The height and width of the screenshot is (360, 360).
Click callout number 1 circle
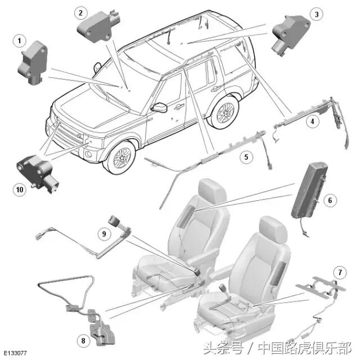pyautogui.click(x=21, y=40)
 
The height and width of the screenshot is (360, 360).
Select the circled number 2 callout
pyautogui.click(x=82, y=12)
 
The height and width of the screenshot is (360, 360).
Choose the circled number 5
pyautogui.click(x=246, y=157)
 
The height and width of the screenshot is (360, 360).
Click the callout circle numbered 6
pyautogui.click(x=330, y=200)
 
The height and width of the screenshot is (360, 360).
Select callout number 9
pyautogui.click(x=104, y=232)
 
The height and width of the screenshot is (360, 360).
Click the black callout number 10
pyautogui.click(x=20, y=190)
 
